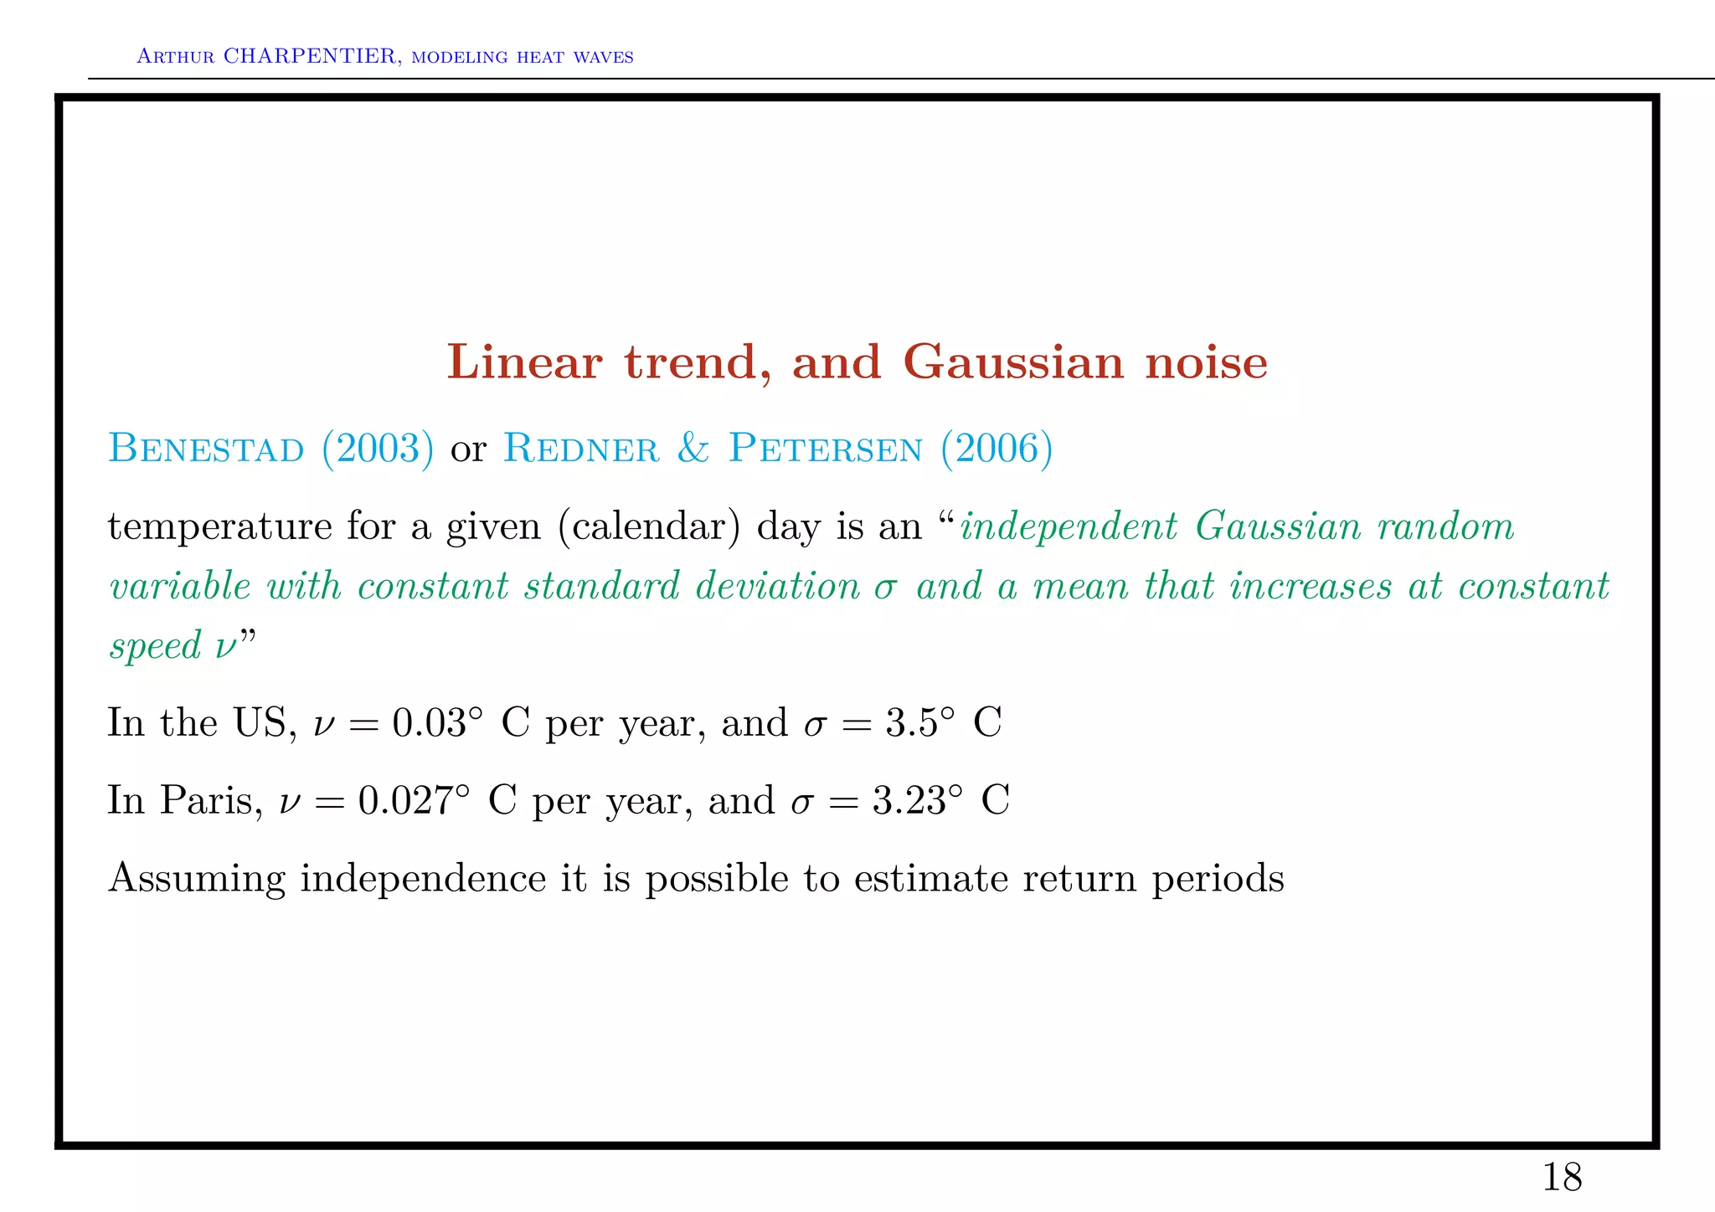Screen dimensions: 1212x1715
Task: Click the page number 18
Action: (x=1562, y=1178)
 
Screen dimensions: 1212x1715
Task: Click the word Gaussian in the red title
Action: (x=1013, y=362)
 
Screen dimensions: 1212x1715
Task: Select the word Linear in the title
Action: (x=524, y=362)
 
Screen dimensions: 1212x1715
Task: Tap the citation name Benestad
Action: (x=206, y=449)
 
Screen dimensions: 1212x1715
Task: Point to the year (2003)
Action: (x=378, y=449)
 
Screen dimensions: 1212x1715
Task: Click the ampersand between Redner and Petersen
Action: (x=693, y=449)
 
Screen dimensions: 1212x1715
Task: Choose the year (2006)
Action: (x=997, y=449)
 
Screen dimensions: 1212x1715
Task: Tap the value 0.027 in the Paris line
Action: (x=407, y=800)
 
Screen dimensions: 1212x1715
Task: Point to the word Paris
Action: (x=207, y=800)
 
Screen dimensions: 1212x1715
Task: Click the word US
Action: (x=260, y=723)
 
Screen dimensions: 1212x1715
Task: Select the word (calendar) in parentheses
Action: (x=649, y=527)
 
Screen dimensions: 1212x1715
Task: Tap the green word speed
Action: (x=156, y=646)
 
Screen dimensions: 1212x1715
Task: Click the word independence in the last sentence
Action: (x=423, y=878)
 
